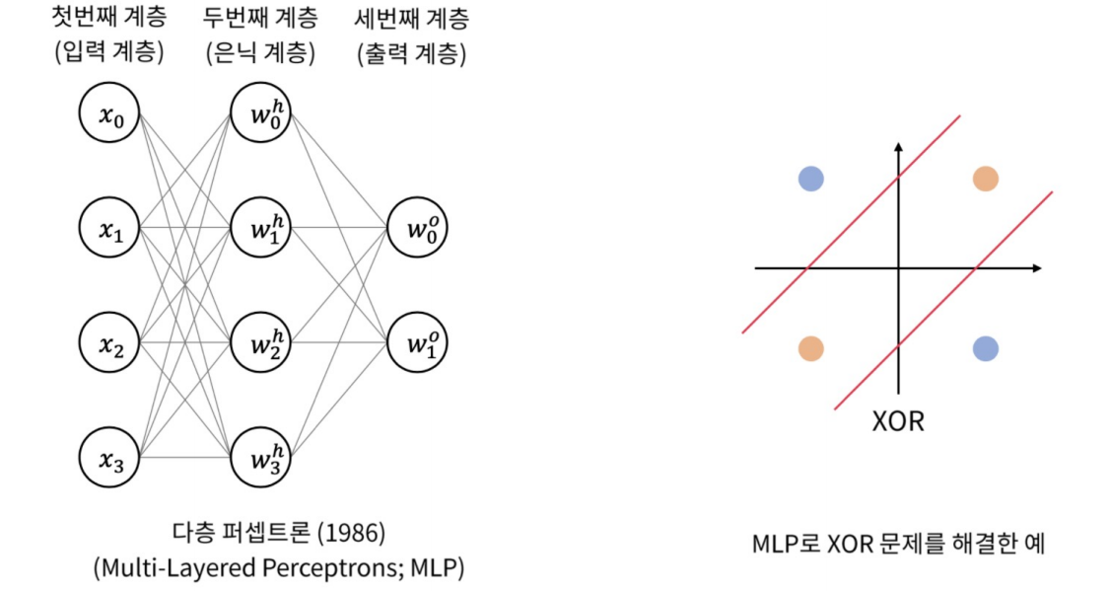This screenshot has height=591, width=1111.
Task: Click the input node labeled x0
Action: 108,113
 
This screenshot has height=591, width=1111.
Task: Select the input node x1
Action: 108,228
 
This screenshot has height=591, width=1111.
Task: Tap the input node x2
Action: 108,343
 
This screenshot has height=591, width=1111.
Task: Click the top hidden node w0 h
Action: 260,113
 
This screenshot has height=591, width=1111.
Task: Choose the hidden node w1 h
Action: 260,228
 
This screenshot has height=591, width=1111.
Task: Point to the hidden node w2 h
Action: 260,343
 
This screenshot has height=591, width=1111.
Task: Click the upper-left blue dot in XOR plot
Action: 811,179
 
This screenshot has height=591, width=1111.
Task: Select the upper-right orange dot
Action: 985,179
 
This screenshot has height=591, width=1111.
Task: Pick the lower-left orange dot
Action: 811,348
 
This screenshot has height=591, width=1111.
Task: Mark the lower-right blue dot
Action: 985,348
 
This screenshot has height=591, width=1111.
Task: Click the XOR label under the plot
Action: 898,421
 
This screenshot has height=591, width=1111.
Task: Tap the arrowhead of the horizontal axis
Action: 1036,267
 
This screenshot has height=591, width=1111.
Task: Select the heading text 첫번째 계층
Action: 108,19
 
